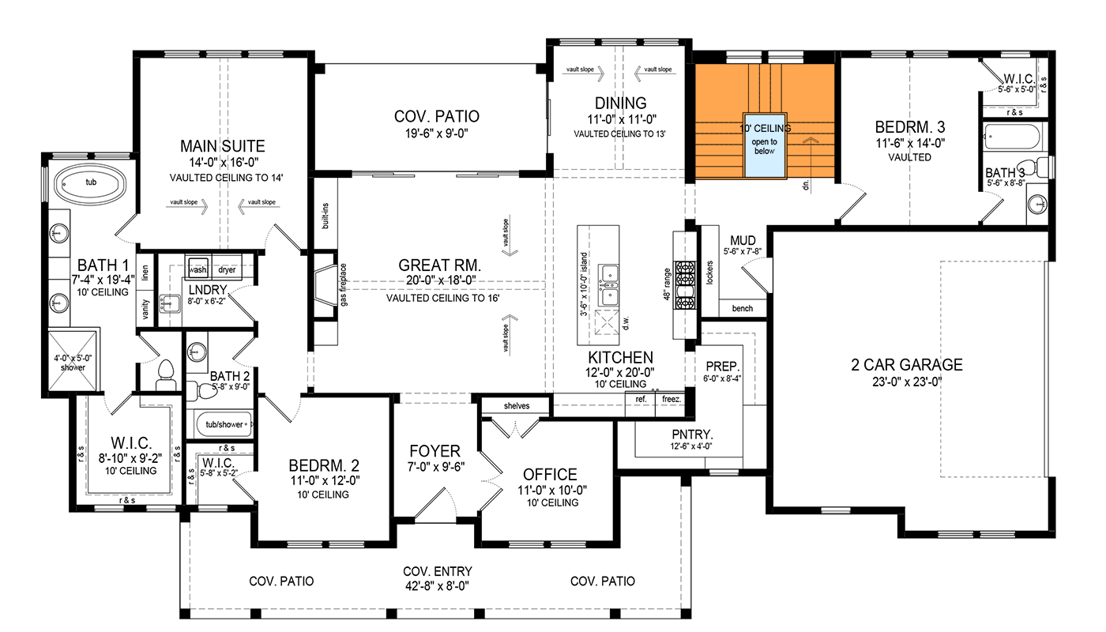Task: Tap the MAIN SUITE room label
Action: pyautogui.click(x=222, y=146)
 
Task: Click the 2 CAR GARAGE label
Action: pyautogui.click(x=906, y=365)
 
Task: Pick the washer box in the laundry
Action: pyautogui.click(x=197, y=269)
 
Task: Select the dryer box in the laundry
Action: pyautogui.click(x=228, y=269)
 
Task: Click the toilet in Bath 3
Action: pyautogui.click(x=1044, y=167)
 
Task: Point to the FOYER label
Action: pyautogui.click(x=434, y=451)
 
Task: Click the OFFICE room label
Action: pyautogui.click(x=550, y=474)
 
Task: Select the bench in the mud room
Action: pyautogui.click(x=743, y=309)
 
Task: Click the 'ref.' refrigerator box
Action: pyautogui.click(x=641, y=400)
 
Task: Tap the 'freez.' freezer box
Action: pyautogui.click(x=671, y=400)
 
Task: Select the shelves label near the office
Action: pyautogui.click(x=516, y=406)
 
